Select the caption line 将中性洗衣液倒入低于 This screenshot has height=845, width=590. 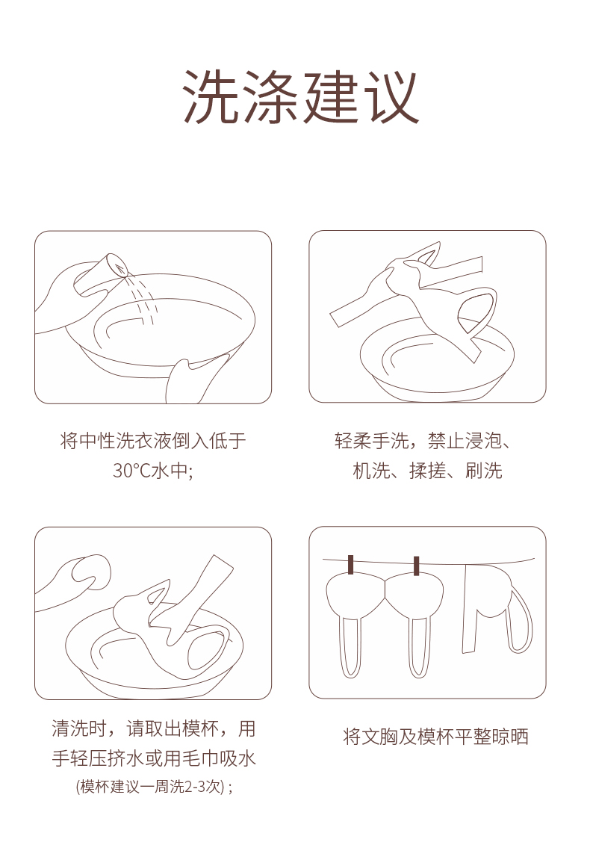pyautogui.click(x=153, y=441)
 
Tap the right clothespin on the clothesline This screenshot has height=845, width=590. pyautogui.click(x=416, y=566)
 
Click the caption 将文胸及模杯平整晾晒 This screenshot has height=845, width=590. pyautogui.click(x=435, y=736)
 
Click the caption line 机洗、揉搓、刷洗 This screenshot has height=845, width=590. pyautogui.click(x=427, y=471)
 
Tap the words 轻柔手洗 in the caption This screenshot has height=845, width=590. pyautogui.click(x=371, y=441)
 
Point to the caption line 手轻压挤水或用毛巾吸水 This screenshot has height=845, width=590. pyautogui.click(x=153, y=758)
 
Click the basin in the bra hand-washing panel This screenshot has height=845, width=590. pyautogui.click(x=436, y=361)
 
